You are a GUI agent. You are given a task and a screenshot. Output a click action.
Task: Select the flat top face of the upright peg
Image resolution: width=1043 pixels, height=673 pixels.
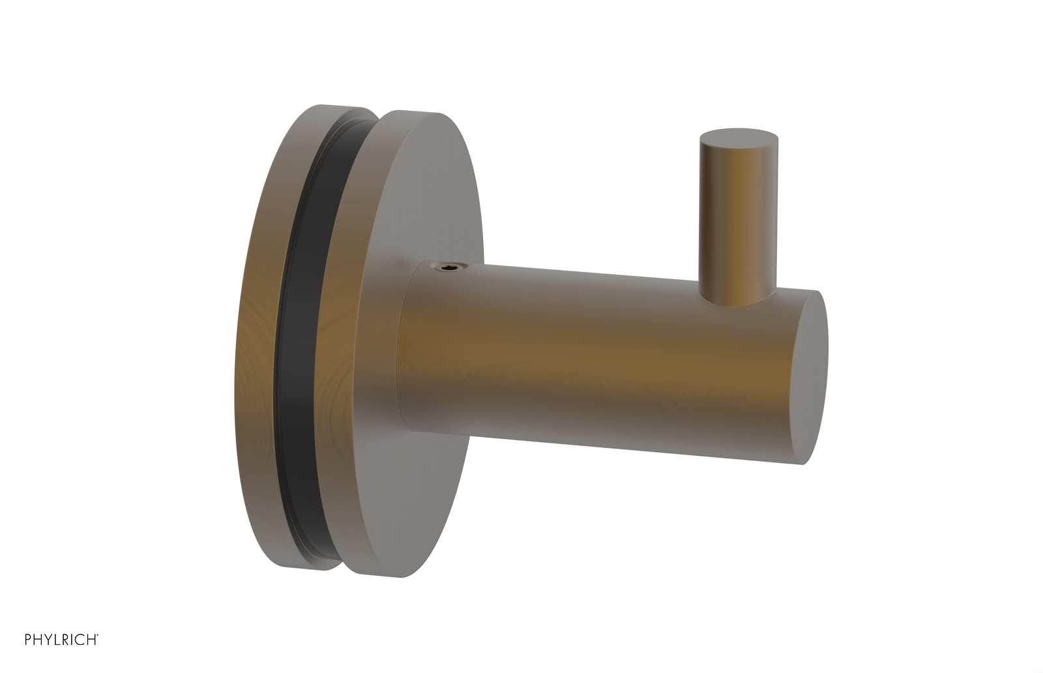pyautogui.click(x=739, y=136)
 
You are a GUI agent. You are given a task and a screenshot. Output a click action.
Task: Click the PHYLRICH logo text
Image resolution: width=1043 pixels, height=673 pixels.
pyautogui.click(x=61, y=640)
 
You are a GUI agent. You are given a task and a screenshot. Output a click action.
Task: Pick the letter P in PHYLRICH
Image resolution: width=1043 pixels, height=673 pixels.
pyautogui.click(x=28, y=640)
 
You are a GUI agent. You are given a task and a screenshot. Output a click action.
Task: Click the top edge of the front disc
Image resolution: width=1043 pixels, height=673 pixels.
pyautogui.click(x=417, y=112)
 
